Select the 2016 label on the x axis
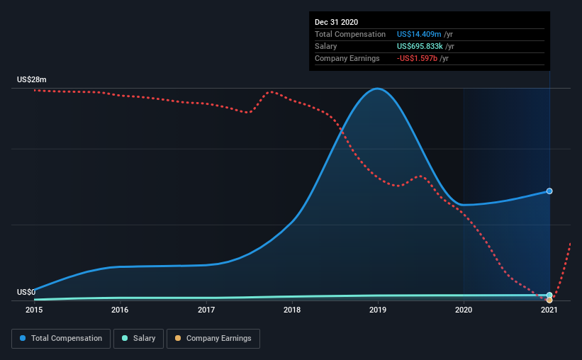point(120,310)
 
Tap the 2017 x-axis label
point(206,310)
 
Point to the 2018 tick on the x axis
point(292,310)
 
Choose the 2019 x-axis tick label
point(378,310)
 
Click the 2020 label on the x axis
point(464,310)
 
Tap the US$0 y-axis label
point(26,292)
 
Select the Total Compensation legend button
point(61,339)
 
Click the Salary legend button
point(138,339)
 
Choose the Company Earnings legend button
point(213,339)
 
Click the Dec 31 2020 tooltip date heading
point(337,22)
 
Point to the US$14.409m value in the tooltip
point(420,34)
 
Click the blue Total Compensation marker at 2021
point(549,191)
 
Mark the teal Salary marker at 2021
point(549,295)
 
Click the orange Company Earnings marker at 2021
point(549,300)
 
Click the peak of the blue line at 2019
point(378,89)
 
